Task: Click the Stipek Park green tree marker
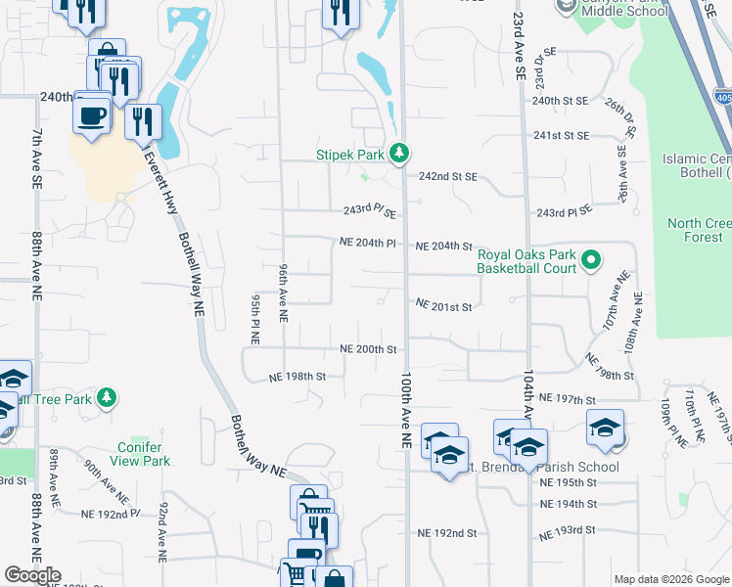399,154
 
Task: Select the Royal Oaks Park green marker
590,260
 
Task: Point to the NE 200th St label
368,349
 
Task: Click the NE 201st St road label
444,306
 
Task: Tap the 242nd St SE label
447,177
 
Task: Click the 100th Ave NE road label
404,410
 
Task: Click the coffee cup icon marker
92,114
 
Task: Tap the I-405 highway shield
723,99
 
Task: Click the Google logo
32,575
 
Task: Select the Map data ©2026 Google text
671,579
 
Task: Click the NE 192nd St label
446,534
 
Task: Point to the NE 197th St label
568,399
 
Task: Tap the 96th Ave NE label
283,293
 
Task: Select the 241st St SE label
561,136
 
